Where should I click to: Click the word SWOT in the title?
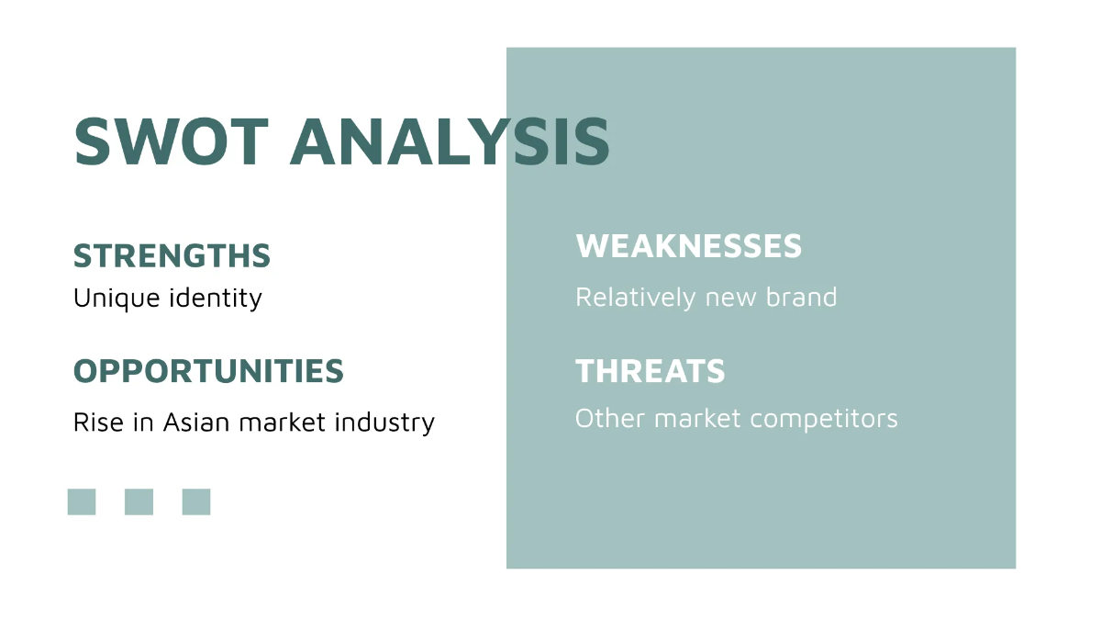coord(171,141)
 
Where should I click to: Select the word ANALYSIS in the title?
coord(450,141)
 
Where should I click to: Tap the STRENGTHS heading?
coord(172,255)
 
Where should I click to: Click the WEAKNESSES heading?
coord(688,246)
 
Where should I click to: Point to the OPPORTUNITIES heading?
coord(208,371)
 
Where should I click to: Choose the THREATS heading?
coord(650,371)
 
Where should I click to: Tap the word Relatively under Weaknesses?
coord(636,298)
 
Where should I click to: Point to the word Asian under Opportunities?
coord(197,423)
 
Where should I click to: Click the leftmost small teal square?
coord(82,502)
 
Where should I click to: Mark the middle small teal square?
coord(139,502)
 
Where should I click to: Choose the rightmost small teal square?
coord(196,502)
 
